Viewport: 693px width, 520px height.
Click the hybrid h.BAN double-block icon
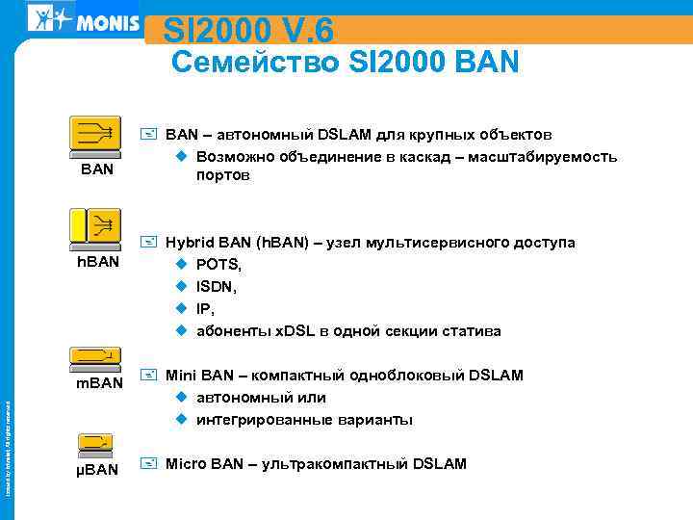pyautogui.click(x=95, y=228)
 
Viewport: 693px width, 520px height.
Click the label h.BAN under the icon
pyautogui.click(x=97, y=261)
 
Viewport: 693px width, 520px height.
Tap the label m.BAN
pyautogui.click(x=100, y=383)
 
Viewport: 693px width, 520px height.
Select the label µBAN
pyautogui.click(x=96, y=470)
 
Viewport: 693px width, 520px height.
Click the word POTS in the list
pyautogui.click(x=218, y=264)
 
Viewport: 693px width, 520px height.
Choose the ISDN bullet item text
pyautogui.click(x=218, y=286)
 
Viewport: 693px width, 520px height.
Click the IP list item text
pyautogui.click(x=204, y=309)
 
